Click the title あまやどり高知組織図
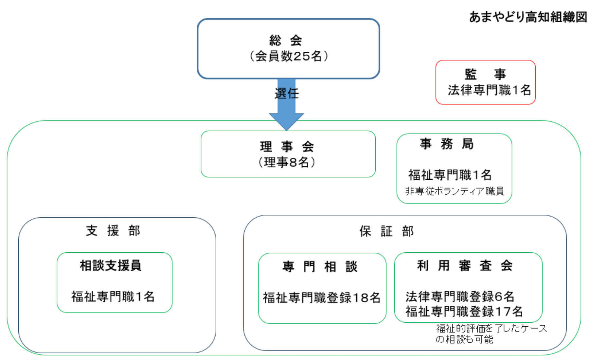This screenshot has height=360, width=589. coord(528,17)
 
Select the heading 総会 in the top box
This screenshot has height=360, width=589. coord(286,41)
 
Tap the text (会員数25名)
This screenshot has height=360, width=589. coord(288,56)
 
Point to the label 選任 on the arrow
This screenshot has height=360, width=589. coord(287,94)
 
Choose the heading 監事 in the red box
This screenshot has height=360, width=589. coord(485,74)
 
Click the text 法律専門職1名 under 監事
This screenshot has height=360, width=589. coord(489,90)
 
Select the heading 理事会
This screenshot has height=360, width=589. coord(287,146)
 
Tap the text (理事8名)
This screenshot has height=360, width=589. coord(287,162)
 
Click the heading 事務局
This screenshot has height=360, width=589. coord(447,144)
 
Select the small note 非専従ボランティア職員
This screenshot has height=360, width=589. coord(455,191)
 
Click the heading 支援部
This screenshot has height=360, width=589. coord(113,231)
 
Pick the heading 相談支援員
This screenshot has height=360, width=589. coord(111,265)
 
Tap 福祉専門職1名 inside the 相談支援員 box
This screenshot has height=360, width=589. coord(113,297)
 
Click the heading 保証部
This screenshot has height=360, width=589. coord(386,231)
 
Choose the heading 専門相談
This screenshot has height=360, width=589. coord(320,267)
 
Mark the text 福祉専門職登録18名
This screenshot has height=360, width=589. coord(322,298)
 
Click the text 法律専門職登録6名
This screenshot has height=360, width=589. coord(460,297)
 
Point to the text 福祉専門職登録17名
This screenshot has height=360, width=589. coord(464,311)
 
